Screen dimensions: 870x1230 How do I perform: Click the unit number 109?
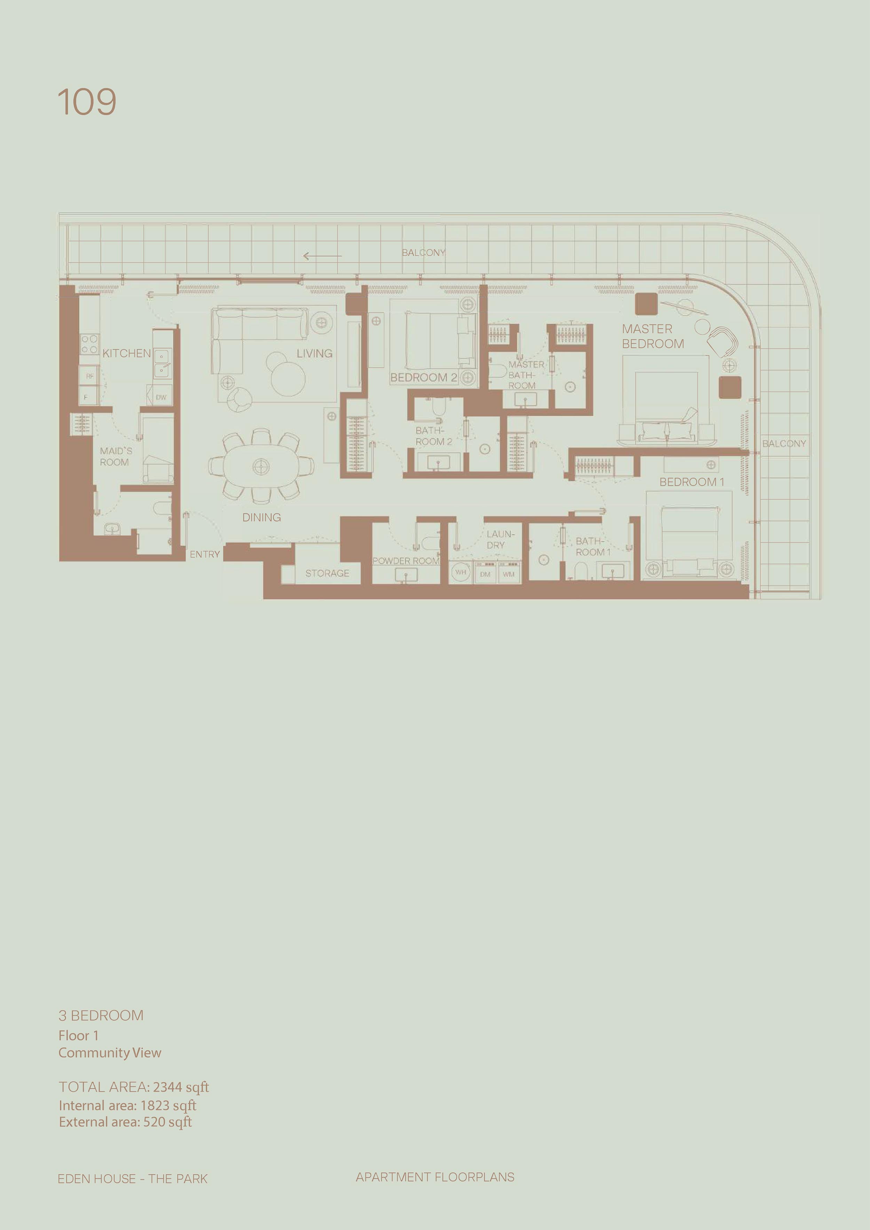click(87, 102)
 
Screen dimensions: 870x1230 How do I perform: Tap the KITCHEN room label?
click(126, 354)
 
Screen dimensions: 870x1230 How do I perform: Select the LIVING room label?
click(315, 354)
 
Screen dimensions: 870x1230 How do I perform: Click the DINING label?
click(261, 517)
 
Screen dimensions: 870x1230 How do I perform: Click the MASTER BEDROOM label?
click(652, 336)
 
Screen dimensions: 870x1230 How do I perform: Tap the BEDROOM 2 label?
click(423, 378)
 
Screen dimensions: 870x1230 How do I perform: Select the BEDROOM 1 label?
click(691, 482)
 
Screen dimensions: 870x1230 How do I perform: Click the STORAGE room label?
click(327, 573)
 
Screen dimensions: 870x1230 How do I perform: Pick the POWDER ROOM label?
click(405, 561)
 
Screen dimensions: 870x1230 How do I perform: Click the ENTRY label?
click(205, 555)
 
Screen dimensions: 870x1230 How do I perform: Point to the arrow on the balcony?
click(322, 256)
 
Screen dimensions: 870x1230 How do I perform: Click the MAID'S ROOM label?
click(115, 457)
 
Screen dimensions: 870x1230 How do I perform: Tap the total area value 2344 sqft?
click(181, 1087)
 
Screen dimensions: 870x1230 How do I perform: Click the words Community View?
click(110, 1053)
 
